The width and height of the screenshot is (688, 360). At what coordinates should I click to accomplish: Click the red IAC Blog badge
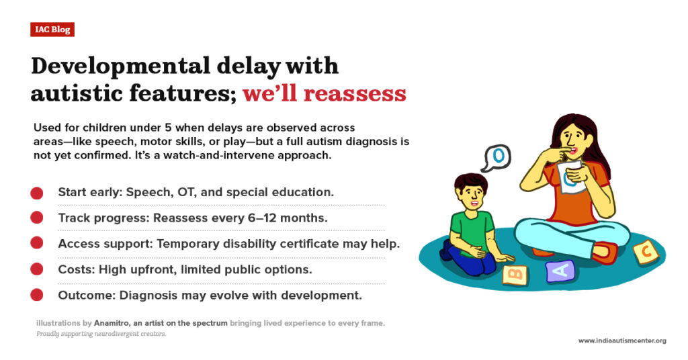[x=52, y=30]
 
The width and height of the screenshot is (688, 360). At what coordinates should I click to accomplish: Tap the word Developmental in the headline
[x=121, y=66]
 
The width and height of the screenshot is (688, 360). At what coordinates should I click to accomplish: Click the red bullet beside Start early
[x=37, y=193]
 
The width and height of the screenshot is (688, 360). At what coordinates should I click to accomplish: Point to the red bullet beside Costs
[x=37, y=269]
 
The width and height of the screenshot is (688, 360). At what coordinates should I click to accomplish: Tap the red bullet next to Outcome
[x=37, y=295]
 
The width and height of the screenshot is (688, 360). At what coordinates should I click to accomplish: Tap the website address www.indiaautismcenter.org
[x=622, y=341]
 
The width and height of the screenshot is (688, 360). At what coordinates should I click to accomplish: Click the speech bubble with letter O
[x=497, y=158]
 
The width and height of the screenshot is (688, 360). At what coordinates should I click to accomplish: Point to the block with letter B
[x=515, y=275]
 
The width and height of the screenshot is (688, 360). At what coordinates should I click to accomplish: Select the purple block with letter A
[x=560, y=271]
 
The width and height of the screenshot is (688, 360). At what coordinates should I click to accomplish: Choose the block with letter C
[x=646, y=253]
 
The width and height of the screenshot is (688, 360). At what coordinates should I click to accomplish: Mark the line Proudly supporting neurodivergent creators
[x=101, y=334]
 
